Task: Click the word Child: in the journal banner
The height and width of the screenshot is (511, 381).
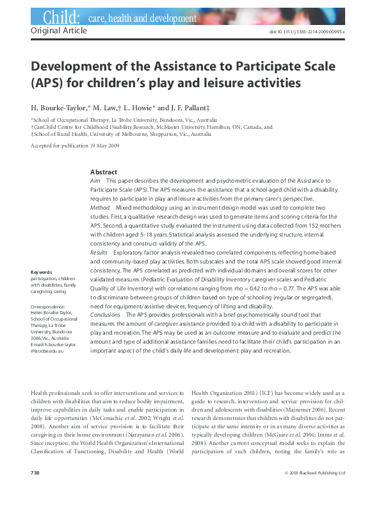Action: tap(61, 17)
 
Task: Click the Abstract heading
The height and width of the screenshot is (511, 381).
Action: tap(104, 172)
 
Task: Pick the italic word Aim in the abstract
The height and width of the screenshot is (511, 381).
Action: tap(96, 181)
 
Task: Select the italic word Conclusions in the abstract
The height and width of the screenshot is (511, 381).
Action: tap(106, 315)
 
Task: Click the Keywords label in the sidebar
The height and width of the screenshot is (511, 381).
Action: tap(42, 272)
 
